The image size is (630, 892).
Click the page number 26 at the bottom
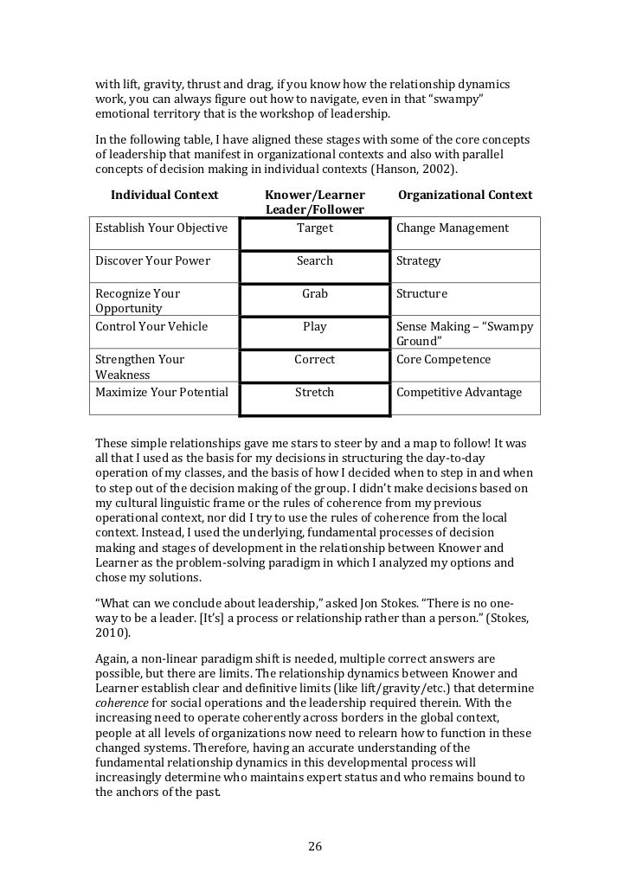(x=315, y=846)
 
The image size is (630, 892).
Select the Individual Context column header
(x=164, y=195)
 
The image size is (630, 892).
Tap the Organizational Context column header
(x=465, y=195)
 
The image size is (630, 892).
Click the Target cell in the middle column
(x=315, y=228)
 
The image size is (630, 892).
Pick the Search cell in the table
(x=315, y=261)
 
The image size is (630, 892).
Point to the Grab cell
(x=315, y=294)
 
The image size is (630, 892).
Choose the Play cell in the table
(x=315, y=327)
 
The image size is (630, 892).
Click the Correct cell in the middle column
(x=315, y=360)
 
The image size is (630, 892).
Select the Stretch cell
(x=315, y=393)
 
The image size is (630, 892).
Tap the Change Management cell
(x=452, y=228)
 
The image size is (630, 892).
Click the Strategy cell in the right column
(x=419, y=261)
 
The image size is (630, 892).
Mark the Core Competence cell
(x=443, y=360)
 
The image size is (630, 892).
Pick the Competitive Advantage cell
(x=459, y=393)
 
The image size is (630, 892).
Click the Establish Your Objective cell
(x=161, y=228)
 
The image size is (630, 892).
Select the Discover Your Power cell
(x=152, y=261)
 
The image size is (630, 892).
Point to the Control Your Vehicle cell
(x=151, y=327)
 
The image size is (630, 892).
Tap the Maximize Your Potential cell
(x=162, y=393)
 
